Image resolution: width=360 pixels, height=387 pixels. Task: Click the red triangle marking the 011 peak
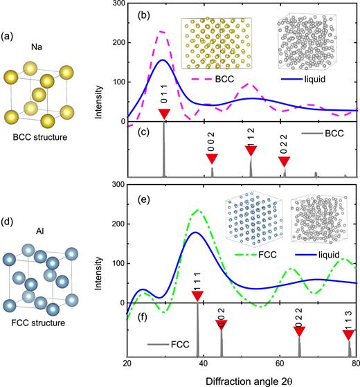pyautogui.click(x=163, y=114)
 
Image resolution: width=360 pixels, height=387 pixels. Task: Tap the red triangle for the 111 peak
pyautogui.click(x=198, y=296)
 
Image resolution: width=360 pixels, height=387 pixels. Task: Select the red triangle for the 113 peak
pyautogui.click(x=349, y=335)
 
